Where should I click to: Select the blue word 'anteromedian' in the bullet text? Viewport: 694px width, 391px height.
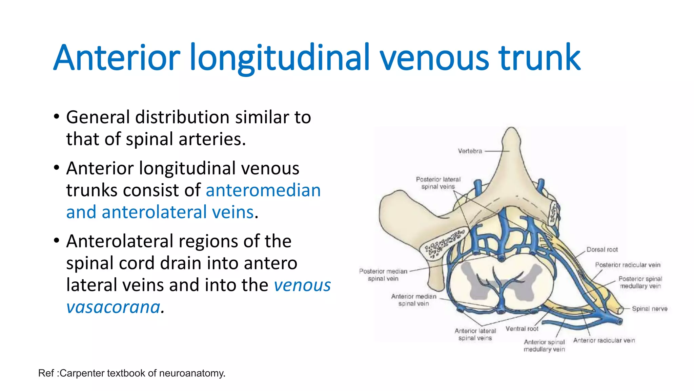(263, 190)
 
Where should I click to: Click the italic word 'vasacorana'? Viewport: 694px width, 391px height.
(113, 307)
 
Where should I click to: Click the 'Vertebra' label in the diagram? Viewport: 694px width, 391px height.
(470, 151)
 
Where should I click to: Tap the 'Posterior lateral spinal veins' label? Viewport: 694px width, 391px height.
(438, 183)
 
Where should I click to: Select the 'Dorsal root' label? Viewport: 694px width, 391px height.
(602, 249)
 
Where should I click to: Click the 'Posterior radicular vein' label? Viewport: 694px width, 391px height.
(628, 265)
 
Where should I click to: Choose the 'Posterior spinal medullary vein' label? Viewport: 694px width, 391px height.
(640, 282)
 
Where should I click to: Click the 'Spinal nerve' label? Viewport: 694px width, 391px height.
(649, 309)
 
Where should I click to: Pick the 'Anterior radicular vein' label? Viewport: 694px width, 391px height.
(604, 340)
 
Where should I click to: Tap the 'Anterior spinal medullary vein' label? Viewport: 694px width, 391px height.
(544, 346)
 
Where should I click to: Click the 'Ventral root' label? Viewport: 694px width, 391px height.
(522, 329)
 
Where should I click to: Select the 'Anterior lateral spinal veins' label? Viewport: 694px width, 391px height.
(475, 334)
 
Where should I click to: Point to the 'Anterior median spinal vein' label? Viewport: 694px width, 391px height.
(414, 300)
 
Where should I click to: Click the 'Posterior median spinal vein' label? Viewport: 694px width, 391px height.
(383, 275)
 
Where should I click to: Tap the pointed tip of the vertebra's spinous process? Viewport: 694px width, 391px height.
(511, 129)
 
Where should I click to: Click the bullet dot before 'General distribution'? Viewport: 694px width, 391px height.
(57, 117)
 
